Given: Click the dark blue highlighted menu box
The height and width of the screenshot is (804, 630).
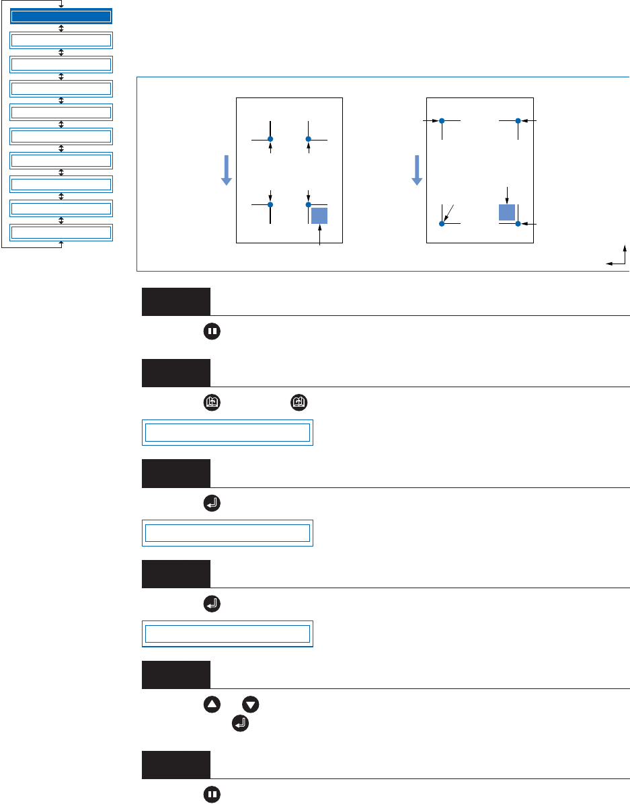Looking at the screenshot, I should coord(61,16).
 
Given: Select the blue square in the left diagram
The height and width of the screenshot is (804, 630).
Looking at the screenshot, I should coord(319,215).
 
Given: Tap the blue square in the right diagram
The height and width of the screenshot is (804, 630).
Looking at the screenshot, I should coord(506,212).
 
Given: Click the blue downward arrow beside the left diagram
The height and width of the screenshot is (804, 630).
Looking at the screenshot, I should coord(227,169).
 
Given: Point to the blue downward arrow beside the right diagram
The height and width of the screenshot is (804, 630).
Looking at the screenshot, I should coord(417,169).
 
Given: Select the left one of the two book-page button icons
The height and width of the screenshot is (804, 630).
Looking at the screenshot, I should coord(211,403).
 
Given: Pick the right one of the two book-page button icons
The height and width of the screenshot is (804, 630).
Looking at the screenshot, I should coord(298,403).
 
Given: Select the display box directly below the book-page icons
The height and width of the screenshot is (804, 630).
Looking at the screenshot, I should coord(228,432).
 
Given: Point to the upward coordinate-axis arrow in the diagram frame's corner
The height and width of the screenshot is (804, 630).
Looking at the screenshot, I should coord(625,253).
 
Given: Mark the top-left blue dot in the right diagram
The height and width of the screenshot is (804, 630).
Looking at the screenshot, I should coord(442,121).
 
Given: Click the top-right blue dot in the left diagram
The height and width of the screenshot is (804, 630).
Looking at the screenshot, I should coord(309,139).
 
